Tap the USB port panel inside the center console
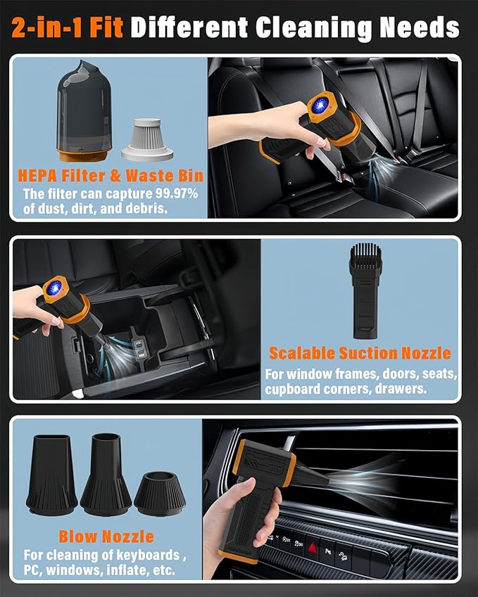click(x=138, y=347)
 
